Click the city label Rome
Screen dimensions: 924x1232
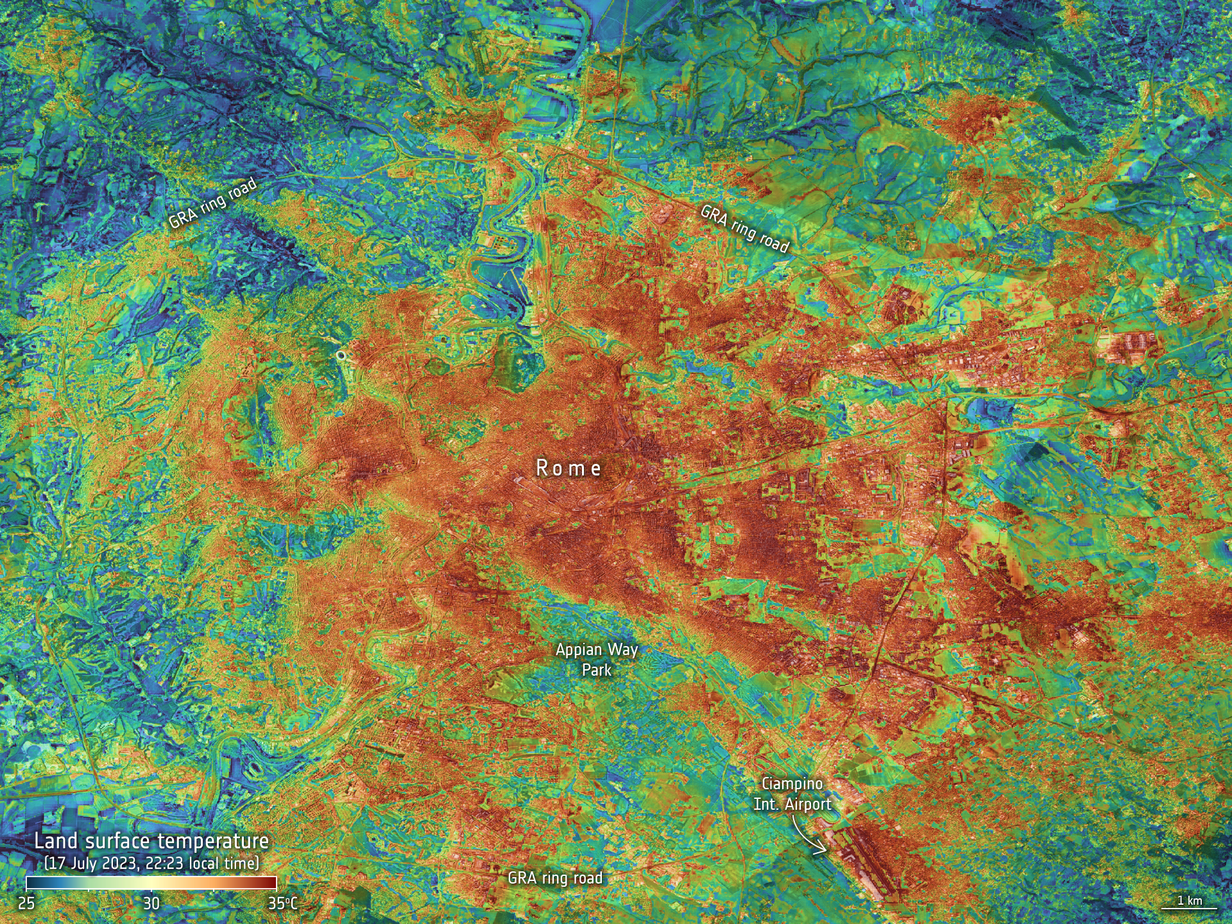(x=569, y=468)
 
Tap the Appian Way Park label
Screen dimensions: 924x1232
(x=597, y=659)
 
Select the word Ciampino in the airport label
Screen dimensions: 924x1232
(x=792, y=783)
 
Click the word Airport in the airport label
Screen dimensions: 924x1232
(x=808, y=804)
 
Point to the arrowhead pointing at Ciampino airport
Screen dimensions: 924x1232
(x=823, y=851)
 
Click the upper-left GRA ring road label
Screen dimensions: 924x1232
(x=212, y=203)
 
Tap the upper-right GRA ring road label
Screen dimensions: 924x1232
(x=744, y=228)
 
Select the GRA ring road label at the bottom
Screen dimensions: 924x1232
(x=555, y=878)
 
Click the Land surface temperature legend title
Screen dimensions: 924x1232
(x=151, y=841)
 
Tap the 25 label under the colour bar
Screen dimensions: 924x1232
(x=26, y=903)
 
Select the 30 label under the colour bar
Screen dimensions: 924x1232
(x=151, y=903)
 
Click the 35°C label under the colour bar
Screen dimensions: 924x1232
(x=282, y=903)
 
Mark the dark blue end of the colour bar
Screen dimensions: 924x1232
(x=30, y=883)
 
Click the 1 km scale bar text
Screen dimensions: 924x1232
(x=1189, y=900)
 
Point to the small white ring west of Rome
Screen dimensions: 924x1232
(x=341, y=354)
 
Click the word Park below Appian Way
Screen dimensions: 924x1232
(x=597, y=670)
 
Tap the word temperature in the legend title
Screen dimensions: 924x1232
(x=213, y=841)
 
